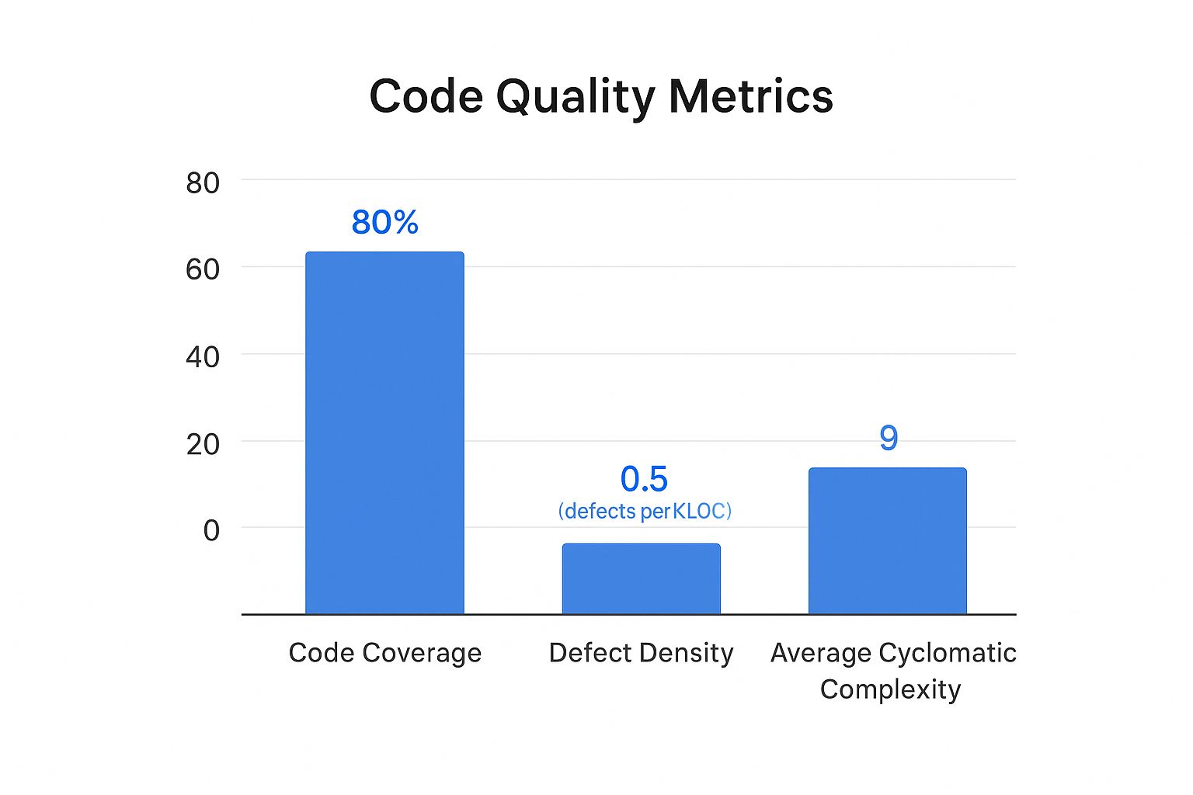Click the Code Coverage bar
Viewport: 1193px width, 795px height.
[384, 432]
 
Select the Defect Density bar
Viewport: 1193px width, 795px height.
[641, 578]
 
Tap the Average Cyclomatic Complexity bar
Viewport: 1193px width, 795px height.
[887, 540]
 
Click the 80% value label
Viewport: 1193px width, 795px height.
[384, 222]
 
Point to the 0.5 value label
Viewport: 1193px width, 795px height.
[644, 479]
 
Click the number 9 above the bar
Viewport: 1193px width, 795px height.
[889, 438]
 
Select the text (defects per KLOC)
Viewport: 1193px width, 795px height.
[645, 511]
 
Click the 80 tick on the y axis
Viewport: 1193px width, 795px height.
[203, 183]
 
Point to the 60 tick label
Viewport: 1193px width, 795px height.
[203, 269]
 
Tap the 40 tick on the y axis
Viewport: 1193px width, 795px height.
[203, 357]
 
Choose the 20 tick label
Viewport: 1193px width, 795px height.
[203, 444]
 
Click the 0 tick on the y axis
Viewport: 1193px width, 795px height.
[211, 531]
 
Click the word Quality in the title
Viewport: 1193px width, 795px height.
[576, 98]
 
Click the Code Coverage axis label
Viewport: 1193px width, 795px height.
[384, 653]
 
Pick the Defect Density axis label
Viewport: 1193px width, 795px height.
[641, 653]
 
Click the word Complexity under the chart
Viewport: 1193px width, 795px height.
[890, 689]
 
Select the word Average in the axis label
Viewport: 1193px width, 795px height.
[820, 653]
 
